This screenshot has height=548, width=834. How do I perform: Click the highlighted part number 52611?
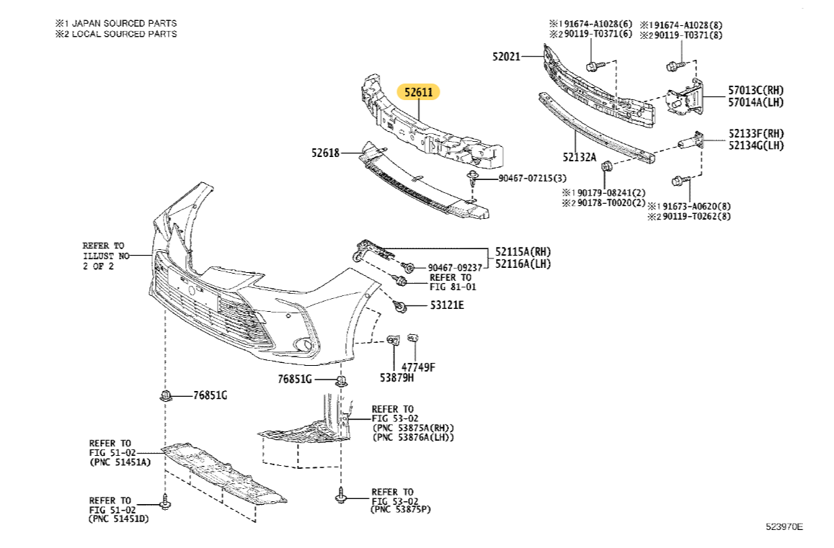418,92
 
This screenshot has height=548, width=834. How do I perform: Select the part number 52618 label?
326,153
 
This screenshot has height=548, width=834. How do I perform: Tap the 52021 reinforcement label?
507,55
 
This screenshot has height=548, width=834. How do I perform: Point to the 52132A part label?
580,156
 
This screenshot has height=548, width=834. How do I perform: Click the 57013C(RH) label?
755,90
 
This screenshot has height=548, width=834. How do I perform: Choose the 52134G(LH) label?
755,145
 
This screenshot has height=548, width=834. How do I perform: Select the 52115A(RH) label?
523,252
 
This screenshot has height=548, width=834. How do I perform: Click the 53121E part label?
447,305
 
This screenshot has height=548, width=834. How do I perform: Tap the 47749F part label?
418,367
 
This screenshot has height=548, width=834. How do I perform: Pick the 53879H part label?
397,377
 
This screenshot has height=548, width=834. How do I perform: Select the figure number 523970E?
784,526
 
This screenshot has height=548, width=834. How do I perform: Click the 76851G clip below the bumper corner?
342,379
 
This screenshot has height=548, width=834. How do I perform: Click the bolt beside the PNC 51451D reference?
166,502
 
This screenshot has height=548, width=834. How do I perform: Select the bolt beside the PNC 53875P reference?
341,495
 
